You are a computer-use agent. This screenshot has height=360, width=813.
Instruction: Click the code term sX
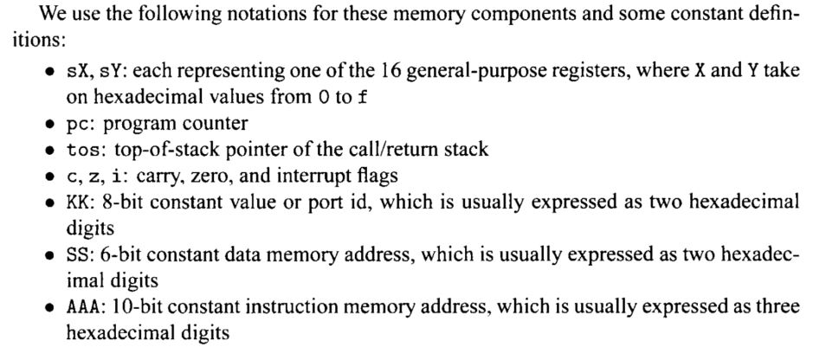77,71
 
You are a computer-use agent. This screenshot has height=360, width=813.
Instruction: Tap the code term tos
81,150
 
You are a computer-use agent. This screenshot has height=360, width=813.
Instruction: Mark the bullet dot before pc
52,125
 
